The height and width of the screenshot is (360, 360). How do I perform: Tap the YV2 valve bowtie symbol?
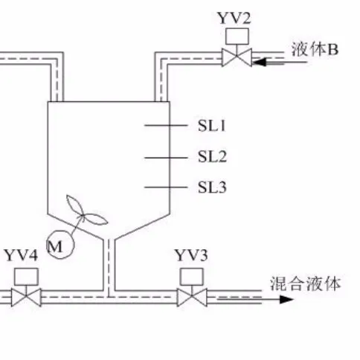(x=237, y=55)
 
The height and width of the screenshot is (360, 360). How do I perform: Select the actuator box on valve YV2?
(x=237, y=36)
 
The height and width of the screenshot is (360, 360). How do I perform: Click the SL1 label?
(x=211, y=126)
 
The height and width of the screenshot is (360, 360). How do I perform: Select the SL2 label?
(x=211, y=156)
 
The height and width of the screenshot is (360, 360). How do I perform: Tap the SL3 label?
(x=211, y=187)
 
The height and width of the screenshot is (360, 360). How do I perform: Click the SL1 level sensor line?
(x=164, y=126)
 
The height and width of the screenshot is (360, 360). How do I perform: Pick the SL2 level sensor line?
(x=164, y=156)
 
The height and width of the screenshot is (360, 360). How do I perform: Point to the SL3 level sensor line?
(x=164, y=187)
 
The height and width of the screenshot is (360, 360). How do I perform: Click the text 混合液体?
(x=305, y=283)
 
